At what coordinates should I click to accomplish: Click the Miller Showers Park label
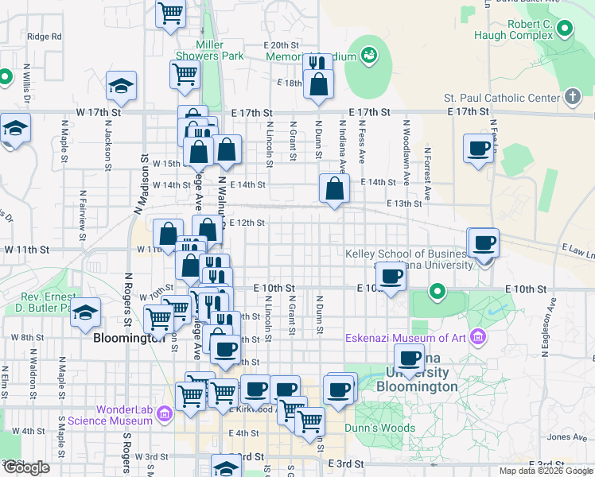click(220, 50)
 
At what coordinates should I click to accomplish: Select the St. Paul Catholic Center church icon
click(571, 97)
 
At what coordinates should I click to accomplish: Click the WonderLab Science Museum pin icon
click(165, 413)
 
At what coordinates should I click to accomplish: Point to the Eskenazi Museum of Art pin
click(477, 338)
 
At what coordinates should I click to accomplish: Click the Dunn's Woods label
click(379, 428)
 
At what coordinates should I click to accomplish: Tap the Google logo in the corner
click(26, 467)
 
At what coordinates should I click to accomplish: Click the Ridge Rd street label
click(45, 37)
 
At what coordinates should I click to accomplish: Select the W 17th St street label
click(98, 113)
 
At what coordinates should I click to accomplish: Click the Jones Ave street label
click(567, 436)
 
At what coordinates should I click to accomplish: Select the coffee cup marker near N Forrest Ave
click(479, 148)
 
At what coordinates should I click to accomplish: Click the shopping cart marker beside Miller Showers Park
click(185, 75)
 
